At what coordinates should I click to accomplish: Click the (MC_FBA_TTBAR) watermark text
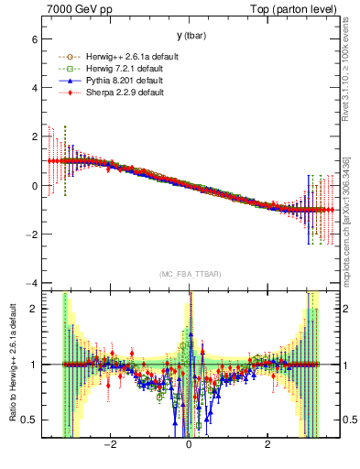189,274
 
